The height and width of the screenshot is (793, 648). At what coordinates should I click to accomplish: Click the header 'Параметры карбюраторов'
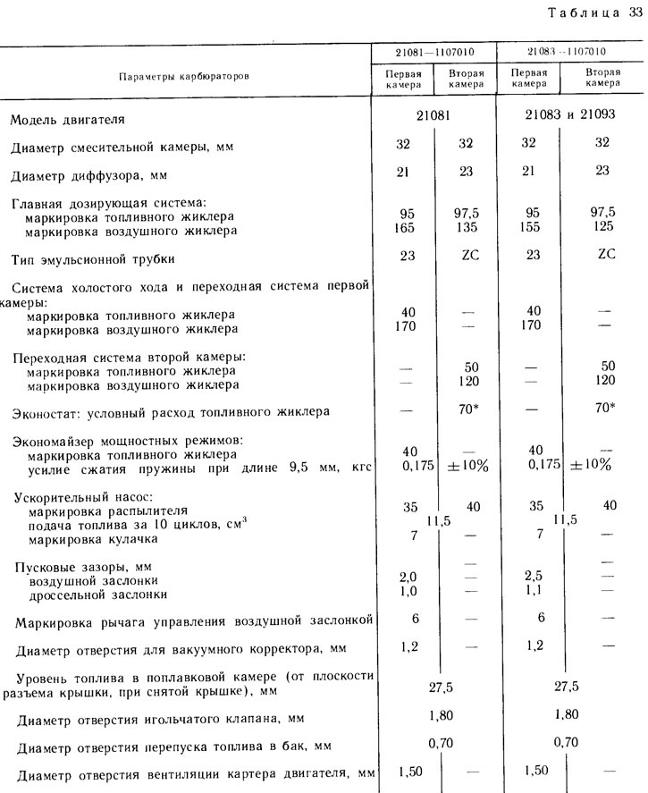(184, 76)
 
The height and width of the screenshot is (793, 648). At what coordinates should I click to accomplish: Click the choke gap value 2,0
(408, 577)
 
